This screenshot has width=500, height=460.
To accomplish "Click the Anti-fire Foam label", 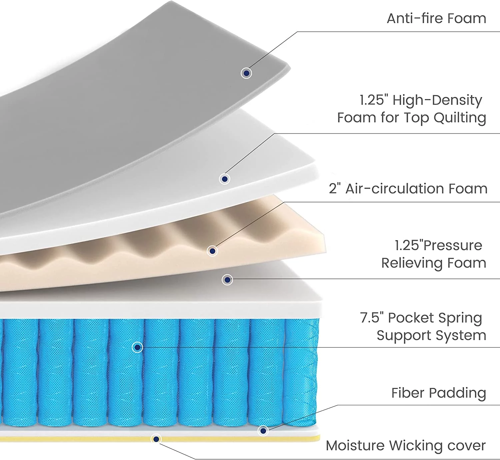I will coord(436,18).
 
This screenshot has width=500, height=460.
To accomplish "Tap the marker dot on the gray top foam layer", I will coord(246,73).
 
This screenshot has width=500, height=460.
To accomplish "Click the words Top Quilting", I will coord(445,118).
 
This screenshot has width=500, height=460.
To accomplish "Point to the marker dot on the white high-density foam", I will coord(225,179).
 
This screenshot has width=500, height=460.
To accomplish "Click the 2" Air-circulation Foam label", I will coord(408,189).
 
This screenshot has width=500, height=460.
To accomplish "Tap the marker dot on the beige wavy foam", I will coord(212,251).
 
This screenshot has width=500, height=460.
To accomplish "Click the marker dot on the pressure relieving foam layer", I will coord(227,280).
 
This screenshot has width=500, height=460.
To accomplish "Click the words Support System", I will coord(431,336).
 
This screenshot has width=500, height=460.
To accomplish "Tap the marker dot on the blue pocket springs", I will coord(137,347).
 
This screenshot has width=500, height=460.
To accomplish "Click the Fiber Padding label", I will coord(439,393).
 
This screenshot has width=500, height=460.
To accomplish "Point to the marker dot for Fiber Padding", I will coord(263,431).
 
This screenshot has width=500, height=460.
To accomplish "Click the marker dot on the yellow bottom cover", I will coord(156,439).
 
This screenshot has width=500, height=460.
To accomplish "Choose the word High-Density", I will coord(437,100).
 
